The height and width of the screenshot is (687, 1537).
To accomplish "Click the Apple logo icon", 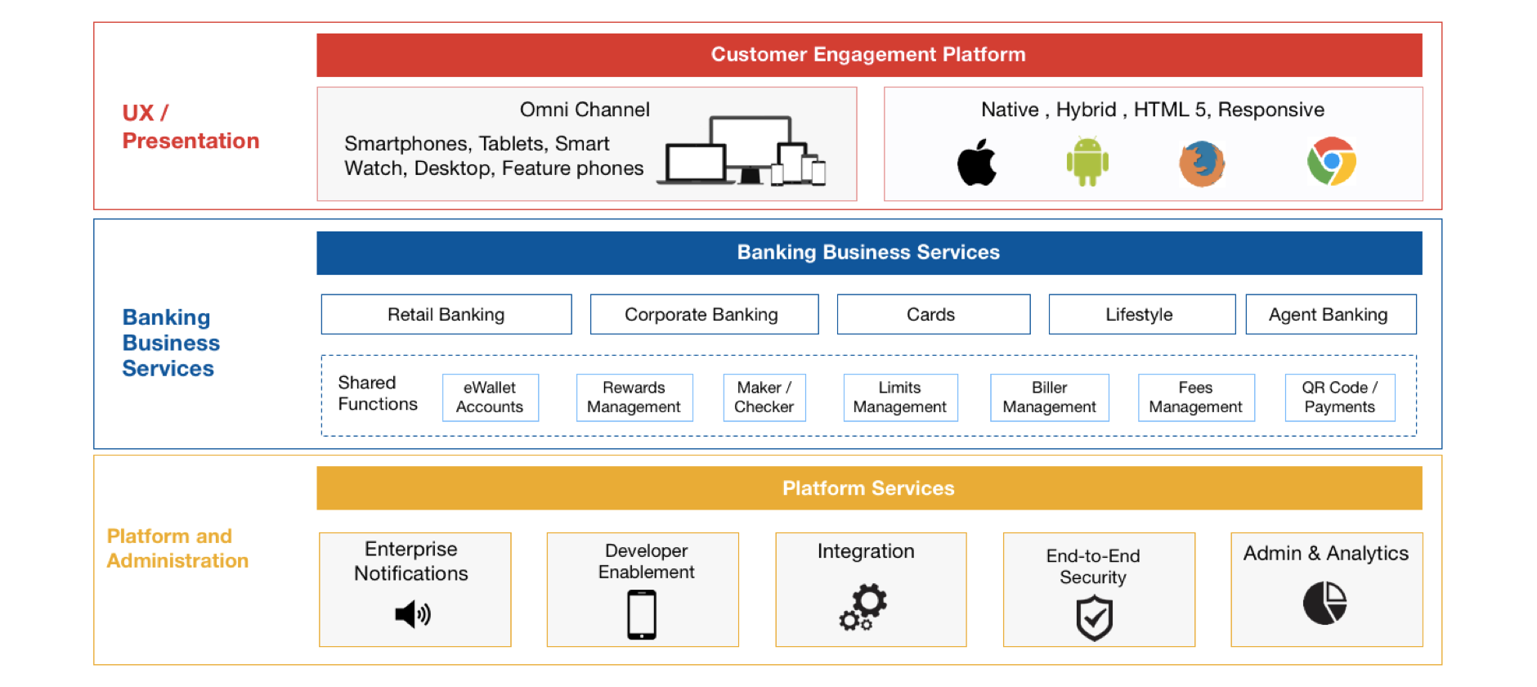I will click(x=977, y=162).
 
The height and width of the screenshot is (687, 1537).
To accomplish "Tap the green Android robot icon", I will click(x=1087, y=162).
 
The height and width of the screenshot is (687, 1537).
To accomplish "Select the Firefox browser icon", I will click(x=1201, y=163).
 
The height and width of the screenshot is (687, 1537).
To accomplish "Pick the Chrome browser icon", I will click(x=1331, y=161).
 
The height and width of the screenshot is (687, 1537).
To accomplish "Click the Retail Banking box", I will click(x=446, y=314).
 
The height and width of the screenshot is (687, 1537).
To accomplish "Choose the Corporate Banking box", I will click(x=704, y=314).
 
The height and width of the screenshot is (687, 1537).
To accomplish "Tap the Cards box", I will click(x=933, y=314).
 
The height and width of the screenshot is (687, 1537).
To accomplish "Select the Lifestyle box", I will click(x=1141, y=314).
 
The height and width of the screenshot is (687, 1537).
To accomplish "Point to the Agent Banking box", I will click(x=1330, y=314).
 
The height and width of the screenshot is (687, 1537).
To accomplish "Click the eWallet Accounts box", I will click(x=490, y=397).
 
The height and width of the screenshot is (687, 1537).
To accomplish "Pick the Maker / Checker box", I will click(x=764, y=397).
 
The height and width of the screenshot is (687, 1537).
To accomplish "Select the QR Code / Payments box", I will click(x=1339, y=397).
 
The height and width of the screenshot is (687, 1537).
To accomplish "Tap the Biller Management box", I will click(x=1049, y=397).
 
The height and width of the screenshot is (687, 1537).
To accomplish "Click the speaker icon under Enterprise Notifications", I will click(x=413, y=613).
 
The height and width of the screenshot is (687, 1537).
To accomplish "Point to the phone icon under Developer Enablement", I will click(x=642, y=615).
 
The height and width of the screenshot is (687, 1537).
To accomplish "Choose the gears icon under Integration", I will click(x=863, y=607).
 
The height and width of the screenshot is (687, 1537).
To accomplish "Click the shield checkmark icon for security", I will click(x=1094, y=617).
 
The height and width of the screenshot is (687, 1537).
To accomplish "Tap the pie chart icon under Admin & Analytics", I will click(x=1324, y=604).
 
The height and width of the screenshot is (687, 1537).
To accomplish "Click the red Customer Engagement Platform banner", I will click(x=869, y=55).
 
